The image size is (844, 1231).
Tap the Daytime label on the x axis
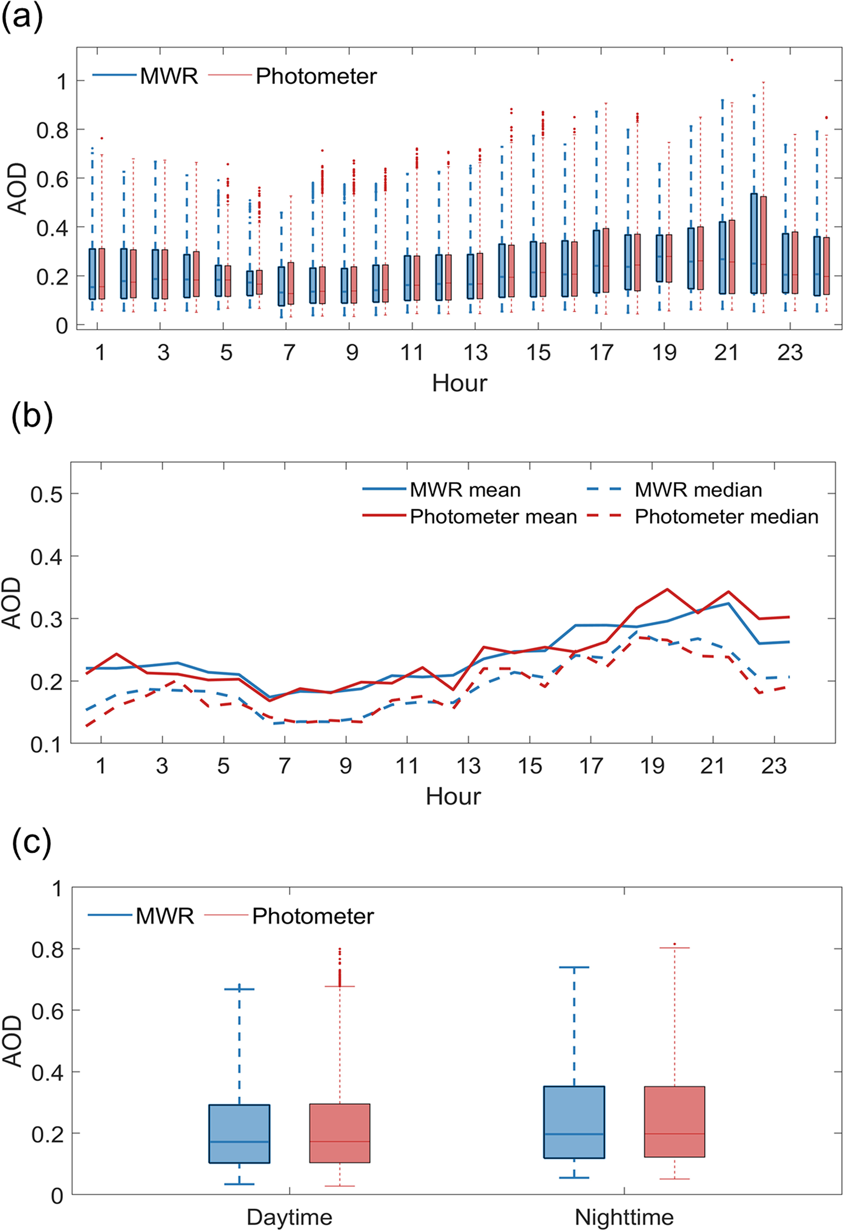click(x=289, y=1217)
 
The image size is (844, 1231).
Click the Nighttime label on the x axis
click(x=624, y=1217)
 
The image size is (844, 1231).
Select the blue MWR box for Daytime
click(x=239, y=1133)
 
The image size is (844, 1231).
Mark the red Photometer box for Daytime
click(x=340, y=1133)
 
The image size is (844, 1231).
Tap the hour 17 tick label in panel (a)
click(x=601, y=353)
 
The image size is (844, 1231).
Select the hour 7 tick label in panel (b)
click(x=285, y=766)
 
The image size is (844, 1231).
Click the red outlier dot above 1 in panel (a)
click(x=732, y=60)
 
